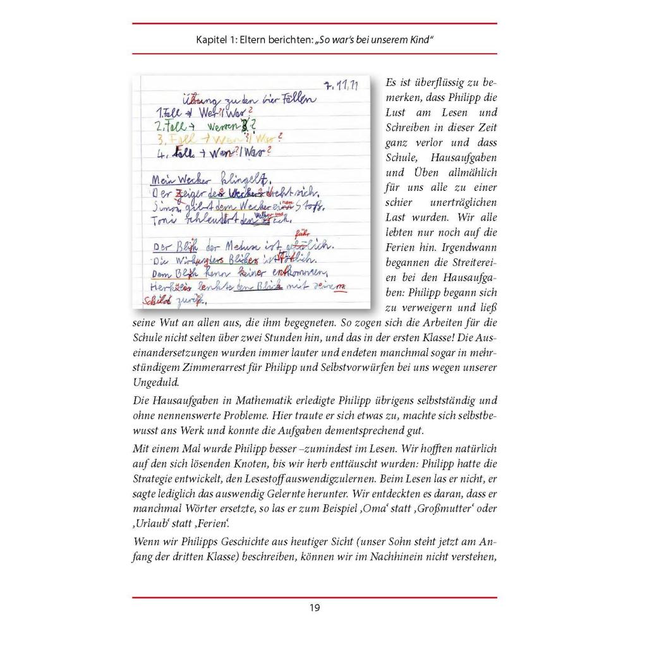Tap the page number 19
pos(315,608)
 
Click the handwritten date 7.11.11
pos(341,87)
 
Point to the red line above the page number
pos(315,597)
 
